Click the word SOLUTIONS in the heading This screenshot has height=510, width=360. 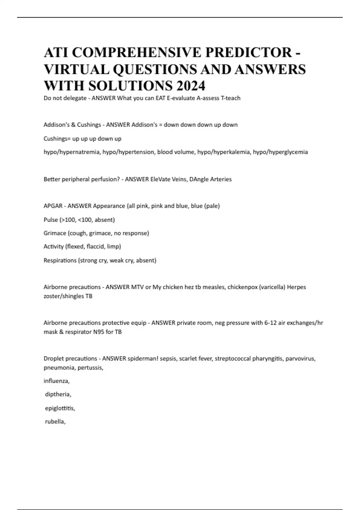[x=130, y=86]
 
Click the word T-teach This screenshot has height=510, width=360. [x=230, y=98]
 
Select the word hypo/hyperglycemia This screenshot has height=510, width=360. [x=280, y=152]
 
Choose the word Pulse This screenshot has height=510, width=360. [x=51, y=220]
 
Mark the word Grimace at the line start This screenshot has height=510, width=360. [x=55, y=233]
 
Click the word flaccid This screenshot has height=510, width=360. [x=95, y=247]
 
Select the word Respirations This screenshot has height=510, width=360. [x=60, y=260]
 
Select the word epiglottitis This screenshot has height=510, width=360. [x=60, y=408]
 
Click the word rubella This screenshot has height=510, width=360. [x=55, y=421]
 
